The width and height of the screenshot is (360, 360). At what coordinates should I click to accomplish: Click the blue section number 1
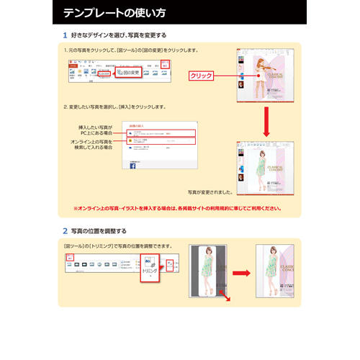(x=66, y=35)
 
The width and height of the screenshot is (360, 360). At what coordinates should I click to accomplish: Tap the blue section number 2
(x=66, y=231)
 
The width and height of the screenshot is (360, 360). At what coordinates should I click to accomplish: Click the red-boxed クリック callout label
(x=202, y=75)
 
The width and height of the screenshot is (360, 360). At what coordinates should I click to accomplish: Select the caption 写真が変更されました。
(x=210, y=192)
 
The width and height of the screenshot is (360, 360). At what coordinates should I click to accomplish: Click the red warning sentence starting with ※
(x=177, y=208)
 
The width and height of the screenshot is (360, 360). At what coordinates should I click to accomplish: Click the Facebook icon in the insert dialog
(x=132, y=166)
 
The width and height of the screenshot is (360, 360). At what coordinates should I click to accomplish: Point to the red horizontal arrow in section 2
(x=241, y=273)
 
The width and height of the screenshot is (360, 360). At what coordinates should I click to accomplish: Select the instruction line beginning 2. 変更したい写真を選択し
(x=115, y=107)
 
